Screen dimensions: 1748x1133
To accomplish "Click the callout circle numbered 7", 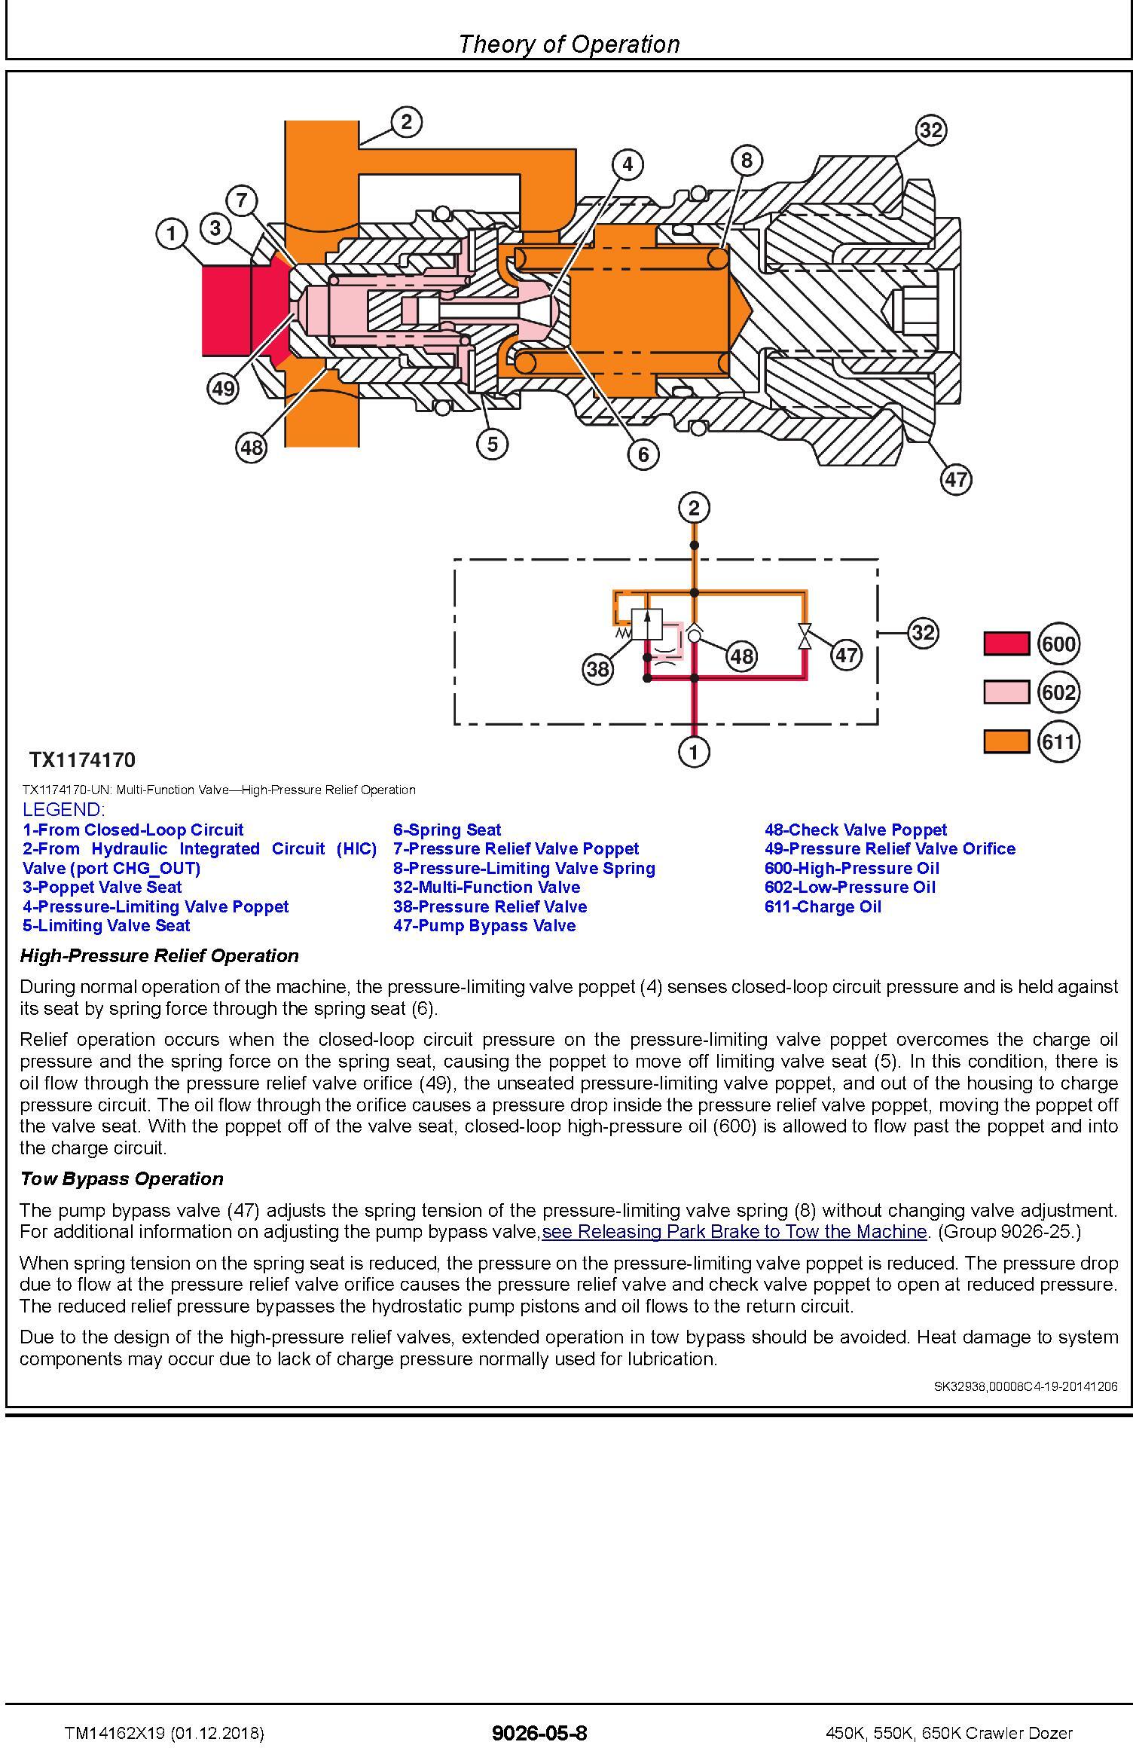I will click(x=241, y=200).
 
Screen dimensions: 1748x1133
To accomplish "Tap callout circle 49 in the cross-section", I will click(x=222, y=389).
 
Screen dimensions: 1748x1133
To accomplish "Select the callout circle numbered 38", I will click(x=597, y=669).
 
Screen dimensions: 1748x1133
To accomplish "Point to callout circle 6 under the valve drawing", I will click(x=643, y=454).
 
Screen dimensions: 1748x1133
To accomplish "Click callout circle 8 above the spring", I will click(x=747, y=160).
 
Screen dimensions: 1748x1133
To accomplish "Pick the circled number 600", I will click(x=1058, y=644).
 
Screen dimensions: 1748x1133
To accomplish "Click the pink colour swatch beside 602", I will click(x=1006, y=692).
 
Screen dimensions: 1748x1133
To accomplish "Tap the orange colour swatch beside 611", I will click(x=1006, y=741).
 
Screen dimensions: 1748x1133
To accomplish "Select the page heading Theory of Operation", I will click(x=569, y=44).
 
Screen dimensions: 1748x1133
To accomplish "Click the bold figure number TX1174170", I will click(x=83, y=760).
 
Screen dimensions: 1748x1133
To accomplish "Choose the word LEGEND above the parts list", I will click(x=63, y=810).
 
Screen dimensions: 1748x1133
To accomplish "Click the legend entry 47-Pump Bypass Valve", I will click(x=484, y=926).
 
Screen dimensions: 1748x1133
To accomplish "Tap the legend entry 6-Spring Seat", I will click(x=447, y=830).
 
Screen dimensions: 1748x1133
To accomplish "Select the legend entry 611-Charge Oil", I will click(x=823, y=907).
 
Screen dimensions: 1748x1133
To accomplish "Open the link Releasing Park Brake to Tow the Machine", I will click(x=734, y=1232).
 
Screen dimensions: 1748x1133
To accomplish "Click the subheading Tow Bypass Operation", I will click(x=121, y=1179).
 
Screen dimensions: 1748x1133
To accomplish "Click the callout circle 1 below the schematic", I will click(x=694, y=751).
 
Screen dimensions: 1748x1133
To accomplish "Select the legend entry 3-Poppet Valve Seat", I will click(x=102, y=888).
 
